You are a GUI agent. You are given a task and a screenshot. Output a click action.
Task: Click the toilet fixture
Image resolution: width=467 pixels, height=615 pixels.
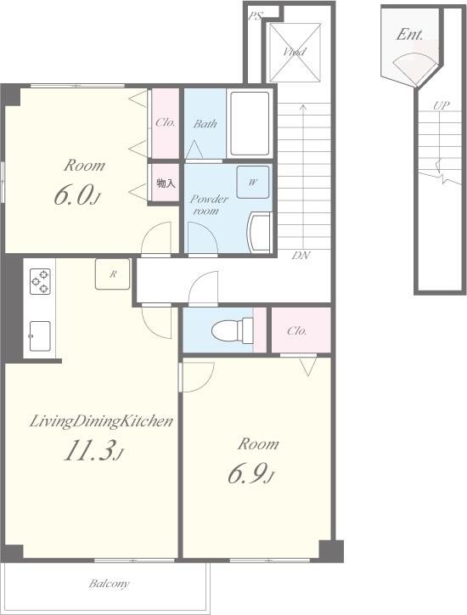[232, 330]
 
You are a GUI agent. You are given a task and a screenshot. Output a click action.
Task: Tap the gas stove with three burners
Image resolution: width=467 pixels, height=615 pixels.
[40, 281]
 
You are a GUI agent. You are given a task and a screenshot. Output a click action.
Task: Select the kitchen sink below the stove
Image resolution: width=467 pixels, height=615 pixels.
[40, 336]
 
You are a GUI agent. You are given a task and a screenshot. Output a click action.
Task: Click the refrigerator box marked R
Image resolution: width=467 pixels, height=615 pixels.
[113, 274]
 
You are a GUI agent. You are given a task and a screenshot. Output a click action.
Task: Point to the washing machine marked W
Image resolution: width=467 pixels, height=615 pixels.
[253, 182]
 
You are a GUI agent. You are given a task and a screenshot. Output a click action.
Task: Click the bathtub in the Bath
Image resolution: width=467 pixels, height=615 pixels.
[250, 123]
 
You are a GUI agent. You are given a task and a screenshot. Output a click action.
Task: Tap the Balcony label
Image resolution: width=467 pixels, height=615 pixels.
[109, 584]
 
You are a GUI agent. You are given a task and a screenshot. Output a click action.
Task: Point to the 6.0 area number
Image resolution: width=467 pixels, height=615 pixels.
[77, 195]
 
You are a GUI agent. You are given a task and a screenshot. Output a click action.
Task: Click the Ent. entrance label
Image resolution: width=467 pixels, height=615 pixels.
[410, 35]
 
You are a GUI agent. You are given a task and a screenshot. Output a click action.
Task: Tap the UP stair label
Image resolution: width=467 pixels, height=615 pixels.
[442, 106]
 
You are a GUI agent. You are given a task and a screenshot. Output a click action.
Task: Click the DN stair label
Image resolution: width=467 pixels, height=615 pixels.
[301, 256]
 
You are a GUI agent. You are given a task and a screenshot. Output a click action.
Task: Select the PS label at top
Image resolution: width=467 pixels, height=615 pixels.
[256, 16]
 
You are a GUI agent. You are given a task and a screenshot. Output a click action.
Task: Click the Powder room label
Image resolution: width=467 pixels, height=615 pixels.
[208, 205]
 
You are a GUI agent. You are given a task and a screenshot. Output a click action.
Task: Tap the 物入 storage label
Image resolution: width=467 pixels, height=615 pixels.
[166, 183]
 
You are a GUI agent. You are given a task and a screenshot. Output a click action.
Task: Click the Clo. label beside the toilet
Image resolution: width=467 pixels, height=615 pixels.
[296, 331]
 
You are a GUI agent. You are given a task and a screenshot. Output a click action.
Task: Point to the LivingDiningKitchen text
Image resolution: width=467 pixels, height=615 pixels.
[102, 421]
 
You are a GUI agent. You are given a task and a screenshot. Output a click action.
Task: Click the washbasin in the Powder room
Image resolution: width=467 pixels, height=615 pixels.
[260, 232]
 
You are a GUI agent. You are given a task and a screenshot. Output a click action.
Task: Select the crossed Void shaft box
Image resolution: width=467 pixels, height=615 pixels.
[293, 52]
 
